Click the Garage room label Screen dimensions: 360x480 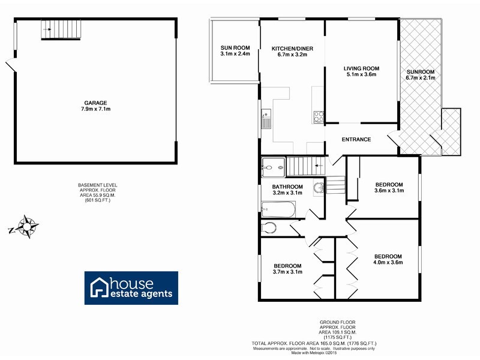click(x=97, y=106)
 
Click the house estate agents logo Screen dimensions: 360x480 click(x=130, y=288)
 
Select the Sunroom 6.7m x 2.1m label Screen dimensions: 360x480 click(x=420, y=75)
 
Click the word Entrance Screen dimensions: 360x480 click(x=356, y=140)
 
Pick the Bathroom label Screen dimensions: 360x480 click(x=288, y=190)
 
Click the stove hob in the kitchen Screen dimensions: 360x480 click(x=319, y=116)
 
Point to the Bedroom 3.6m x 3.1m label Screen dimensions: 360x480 click(x=389, y=187)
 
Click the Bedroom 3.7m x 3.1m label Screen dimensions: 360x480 click(x=288, y=268)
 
